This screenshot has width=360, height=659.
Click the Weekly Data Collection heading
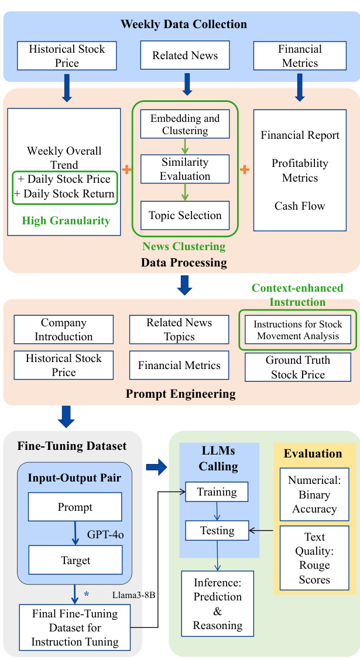(184, 24)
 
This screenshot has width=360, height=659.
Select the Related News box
(185, 56)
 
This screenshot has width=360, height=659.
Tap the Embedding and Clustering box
(185, 124)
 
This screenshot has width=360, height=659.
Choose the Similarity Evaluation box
(185, 169)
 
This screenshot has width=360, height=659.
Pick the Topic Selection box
(185, 215)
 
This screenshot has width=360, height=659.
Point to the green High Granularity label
(66, 220)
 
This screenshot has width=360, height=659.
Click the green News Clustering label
(184, 247)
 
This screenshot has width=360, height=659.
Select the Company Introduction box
(63, 330)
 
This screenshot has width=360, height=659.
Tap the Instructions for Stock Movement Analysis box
(298, 330)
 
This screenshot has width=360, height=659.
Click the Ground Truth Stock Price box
(298, 367)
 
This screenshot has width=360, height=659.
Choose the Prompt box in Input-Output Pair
(75, 507)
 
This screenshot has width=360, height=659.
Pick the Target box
(76, 560)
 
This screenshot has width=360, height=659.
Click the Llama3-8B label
(133, 595)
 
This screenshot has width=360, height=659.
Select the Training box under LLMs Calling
(217, 492)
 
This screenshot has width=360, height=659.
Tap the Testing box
(217, 531)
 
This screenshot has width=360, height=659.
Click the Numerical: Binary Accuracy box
(314, 494)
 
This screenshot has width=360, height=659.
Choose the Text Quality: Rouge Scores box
(314, 558)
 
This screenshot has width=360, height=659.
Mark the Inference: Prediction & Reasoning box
(217, 603)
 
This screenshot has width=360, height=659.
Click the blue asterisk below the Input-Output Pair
(87, 595)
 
